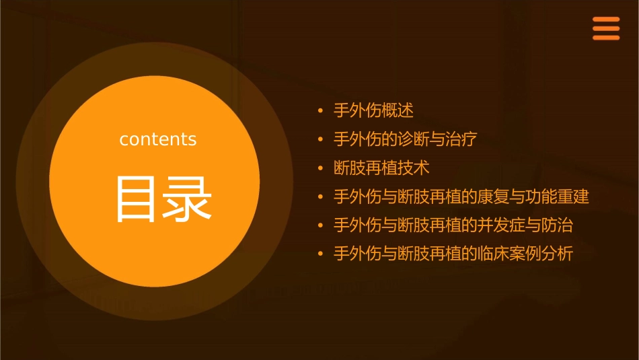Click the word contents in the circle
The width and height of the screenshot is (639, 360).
(x=158, y=139)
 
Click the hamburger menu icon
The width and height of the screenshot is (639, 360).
(x=605, y=28)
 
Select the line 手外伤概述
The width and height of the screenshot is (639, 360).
(x=373, y=110)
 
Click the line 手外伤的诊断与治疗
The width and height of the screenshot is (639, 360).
(x=406, y=139)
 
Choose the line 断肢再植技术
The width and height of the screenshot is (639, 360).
(x=381, y=168)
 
